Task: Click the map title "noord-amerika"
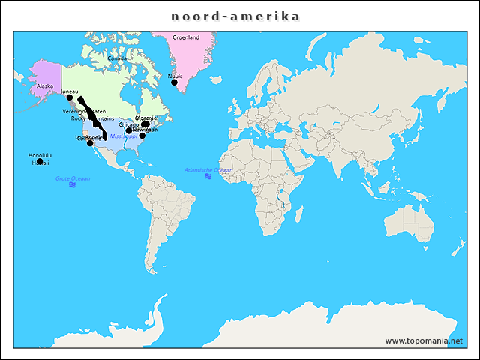[235, 16]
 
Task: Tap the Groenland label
[186, 37]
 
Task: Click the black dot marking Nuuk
[174, 82]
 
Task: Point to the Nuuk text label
[175, 76]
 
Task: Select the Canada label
[116, 58]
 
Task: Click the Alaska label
[44, 86]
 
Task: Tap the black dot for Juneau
[70, 97]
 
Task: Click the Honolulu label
[40, 155]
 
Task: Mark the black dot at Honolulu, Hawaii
[40, 161]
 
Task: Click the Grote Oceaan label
[73, 178]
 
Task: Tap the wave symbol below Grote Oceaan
[73, 185]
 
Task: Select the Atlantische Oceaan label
[208, 170]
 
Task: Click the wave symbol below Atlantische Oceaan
[208, 177]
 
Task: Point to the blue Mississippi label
[123, 137]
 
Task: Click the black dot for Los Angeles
[90, 143]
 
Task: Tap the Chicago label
[129, 124]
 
